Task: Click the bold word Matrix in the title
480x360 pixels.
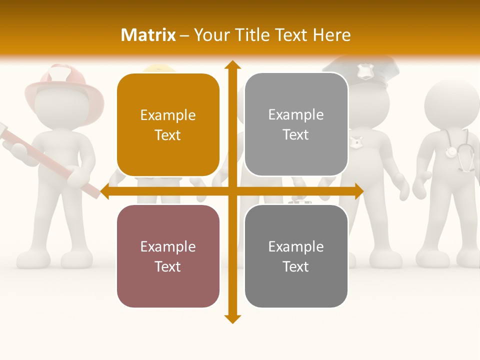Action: (148, 35)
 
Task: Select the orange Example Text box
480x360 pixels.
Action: (168, 125)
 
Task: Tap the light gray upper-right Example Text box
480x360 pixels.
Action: (296, 124)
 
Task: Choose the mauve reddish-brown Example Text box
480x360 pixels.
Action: (168, 256)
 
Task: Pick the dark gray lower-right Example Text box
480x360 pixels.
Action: (296, 256)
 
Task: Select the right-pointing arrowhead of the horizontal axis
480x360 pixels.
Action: (359, 191)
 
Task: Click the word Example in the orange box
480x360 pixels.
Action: (168, 115)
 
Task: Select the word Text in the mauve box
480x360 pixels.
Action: (168, 266)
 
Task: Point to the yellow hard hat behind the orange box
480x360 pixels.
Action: (159, 68)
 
